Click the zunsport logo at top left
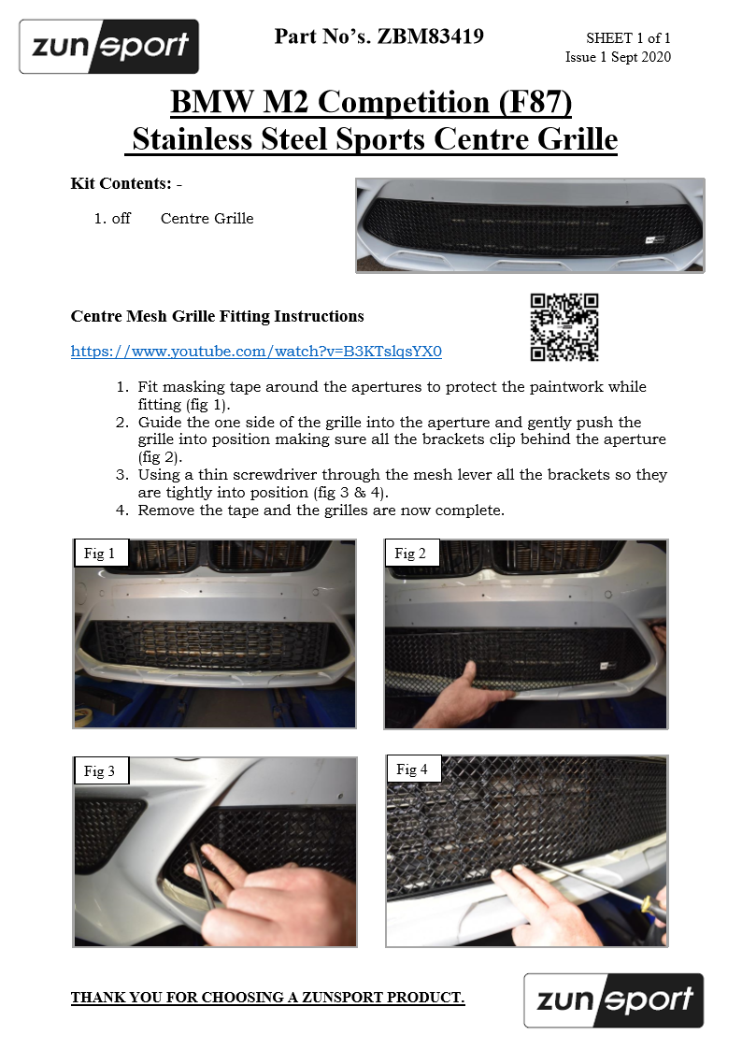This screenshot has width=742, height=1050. (x=108, y=47)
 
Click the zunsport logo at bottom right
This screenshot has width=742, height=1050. (x=613, y=1000)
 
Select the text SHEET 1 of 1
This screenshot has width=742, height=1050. (x=628, y=38)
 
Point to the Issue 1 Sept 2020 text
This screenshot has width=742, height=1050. (x=618, y=57)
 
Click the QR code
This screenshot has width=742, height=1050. (x=564, y=327)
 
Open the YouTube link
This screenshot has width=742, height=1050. (x=256, y=352)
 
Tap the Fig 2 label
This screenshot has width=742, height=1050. (x=410, y=554)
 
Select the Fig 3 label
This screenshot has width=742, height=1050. (x=99, y=771)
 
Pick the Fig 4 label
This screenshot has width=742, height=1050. (x=411, y=770)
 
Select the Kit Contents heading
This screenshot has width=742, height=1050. (x=121, y=183)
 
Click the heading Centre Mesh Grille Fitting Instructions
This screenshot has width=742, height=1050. (x=217, y=316)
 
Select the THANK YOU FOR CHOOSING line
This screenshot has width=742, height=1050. (x=267, y=998)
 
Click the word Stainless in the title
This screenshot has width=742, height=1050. (x=193, y=139)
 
